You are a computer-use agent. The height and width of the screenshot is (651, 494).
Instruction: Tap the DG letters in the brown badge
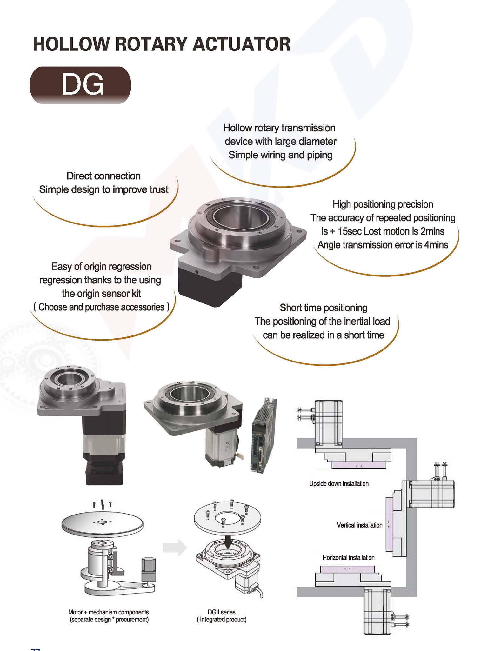pyautogui.click(x=83, y=85)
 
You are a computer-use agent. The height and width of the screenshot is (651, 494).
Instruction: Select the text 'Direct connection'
pyautogui.click(x=103, y=176)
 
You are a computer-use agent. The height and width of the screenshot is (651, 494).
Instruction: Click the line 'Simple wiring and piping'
pyautogui.click(x=280, y=155)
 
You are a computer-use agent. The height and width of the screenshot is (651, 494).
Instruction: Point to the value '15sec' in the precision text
pyautogui.click(x=350, y=231)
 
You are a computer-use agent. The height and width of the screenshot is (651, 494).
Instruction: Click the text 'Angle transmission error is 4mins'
pyautogui.click(x=383, y=245)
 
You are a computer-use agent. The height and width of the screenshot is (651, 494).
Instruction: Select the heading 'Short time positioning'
pyautogui.click(x=323, y=308)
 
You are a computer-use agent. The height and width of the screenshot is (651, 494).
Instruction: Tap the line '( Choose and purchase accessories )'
pyautogui.click(x=101, y=307)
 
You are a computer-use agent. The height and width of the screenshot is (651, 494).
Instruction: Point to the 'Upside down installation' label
pyautogui.click(x=339, y=484)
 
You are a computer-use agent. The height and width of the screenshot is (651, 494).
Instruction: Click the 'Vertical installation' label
pyautogui.click(x=359, y=525)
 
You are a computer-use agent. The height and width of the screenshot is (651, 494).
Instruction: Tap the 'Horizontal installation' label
pyautogui.click(x=348, y=558)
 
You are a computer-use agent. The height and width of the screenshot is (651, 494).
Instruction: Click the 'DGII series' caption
pyautogui.click(x=221, y=612)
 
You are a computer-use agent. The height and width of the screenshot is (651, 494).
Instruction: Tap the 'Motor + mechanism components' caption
pyautogui.click(x=108, y=612)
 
